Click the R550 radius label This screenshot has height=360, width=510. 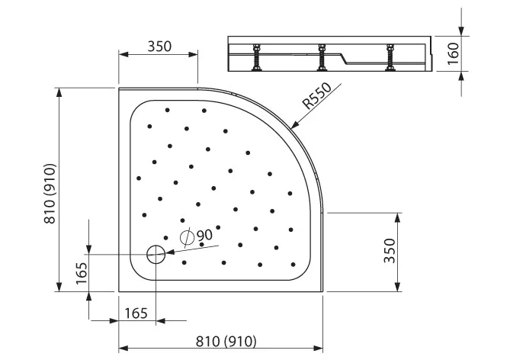pos(317,95)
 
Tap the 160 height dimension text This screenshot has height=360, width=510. pos(453,53)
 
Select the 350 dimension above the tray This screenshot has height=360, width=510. pos(159,47)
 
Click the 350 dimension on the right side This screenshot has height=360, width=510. pos(390,251)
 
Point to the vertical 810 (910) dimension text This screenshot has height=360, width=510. pos(50,193)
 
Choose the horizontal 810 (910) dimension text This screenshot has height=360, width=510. pos(226,342)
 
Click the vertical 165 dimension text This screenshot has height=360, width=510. pos(82,273)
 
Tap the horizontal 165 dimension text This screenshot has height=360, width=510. pos(136,313)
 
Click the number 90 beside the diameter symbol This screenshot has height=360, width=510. pos(204,235)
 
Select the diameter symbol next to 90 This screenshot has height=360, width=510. pos(187,238)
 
